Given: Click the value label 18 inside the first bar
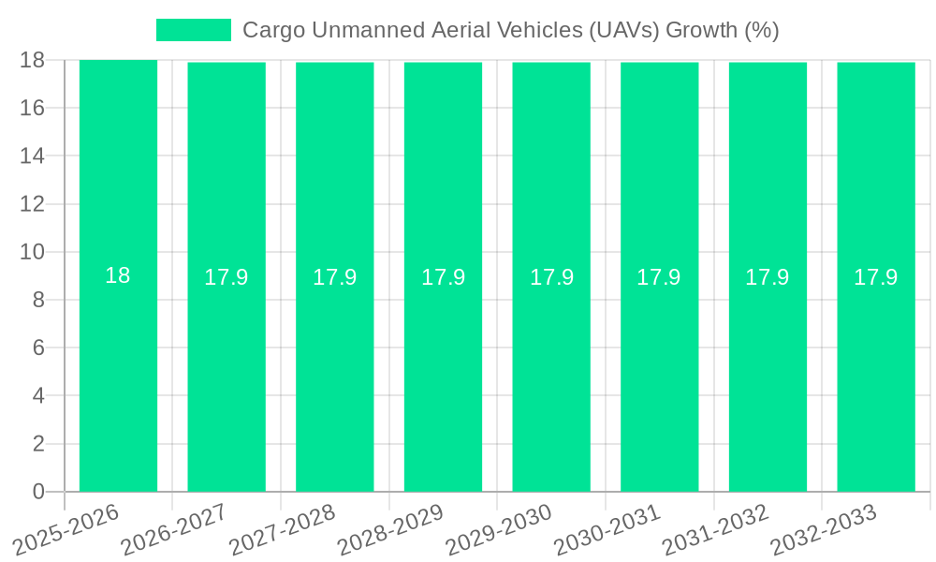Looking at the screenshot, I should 118,275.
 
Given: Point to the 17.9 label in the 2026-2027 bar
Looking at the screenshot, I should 227,277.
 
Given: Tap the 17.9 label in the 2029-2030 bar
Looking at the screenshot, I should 551,277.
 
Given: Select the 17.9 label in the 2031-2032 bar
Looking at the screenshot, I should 768,277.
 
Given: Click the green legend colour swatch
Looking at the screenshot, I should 193,30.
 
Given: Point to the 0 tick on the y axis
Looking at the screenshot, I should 38,492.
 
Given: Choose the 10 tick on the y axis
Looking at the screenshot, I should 33,252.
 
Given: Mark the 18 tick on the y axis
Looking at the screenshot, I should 33,60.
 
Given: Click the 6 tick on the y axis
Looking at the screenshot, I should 38,348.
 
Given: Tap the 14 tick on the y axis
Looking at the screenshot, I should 33,155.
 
